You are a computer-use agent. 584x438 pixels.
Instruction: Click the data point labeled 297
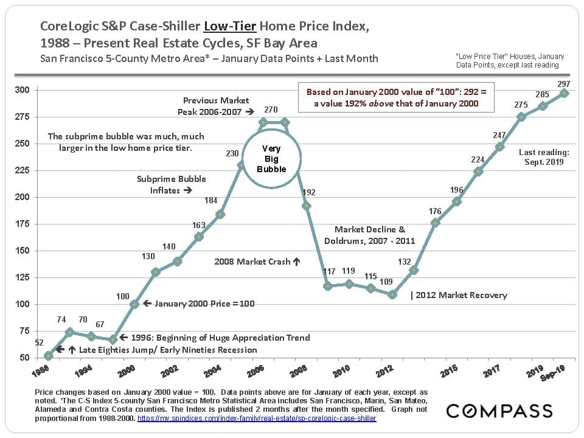pos(564,93)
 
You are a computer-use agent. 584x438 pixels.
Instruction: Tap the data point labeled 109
pos(392,294)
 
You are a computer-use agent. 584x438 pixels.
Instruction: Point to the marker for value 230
pos(242,165)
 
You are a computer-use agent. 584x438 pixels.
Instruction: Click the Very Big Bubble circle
pos(271,158)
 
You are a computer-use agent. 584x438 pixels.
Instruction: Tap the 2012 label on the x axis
pos(384,370)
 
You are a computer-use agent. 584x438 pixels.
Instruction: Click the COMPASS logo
pos(499,411)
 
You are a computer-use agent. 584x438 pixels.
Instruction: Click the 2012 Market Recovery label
pos(459,295)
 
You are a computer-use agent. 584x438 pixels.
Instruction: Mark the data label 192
pos(308,192)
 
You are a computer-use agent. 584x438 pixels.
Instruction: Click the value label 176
pos(435,211)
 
